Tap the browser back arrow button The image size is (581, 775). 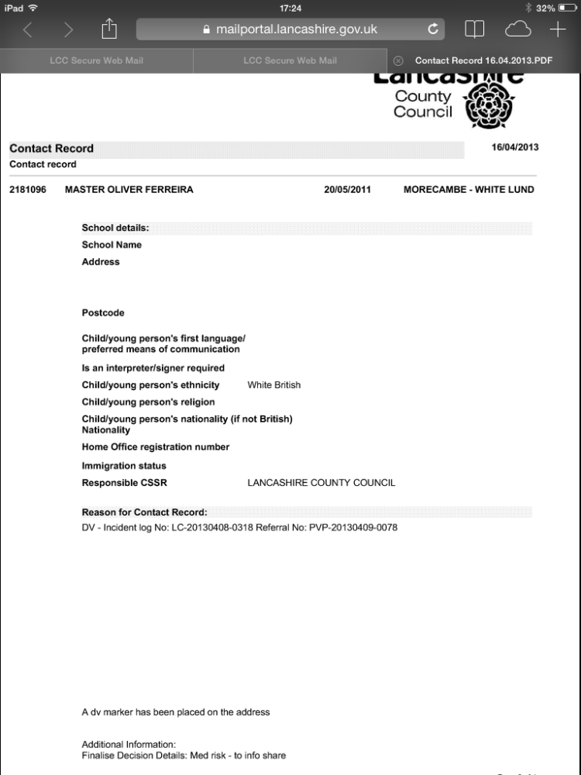pyautogui.click(x=28, y=29)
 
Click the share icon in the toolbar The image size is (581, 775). pyautogui.click(x=108, y=29)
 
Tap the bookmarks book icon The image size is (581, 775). pyautogui.click(x=474, y=29)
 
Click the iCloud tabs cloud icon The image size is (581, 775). pyautogui.click(x=516, y=29)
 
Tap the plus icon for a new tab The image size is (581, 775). pyautogui.click(x=558, y=29)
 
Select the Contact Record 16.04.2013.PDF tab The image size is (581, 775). pyautogui.click(x=483, y=60)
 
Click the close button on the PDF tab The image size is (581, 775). pyautogui.click(x=398, y=60)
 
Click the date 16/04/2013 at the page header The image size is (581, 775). pyautogui.click(x=515, y=147)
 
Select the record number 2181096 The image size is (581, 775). pyautogui.click(x=28, y=190)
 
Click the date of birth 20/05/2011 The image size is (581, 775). pyautogui.click(x=347, y=190)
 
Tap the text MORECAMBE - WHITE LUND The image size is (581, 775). pyautogui.click(x=469, y=190)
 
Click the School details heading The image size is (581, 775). pyautogui.click(x=115, y=228)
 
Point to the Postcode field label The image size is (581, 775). pyautogui.click(x=103, y=313)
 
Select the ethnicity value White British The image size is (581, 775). pyautogui.click(x=273, y=385)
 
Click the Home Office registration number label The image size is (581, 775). pyautogui.click(x=156, y=447)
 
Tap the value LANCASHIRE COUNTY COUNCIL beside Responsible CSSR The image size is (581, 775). pyautogui.click(x=321, y=483)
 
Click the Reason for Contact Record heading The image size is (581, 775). pyautogui.click(x=145, y=512)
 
